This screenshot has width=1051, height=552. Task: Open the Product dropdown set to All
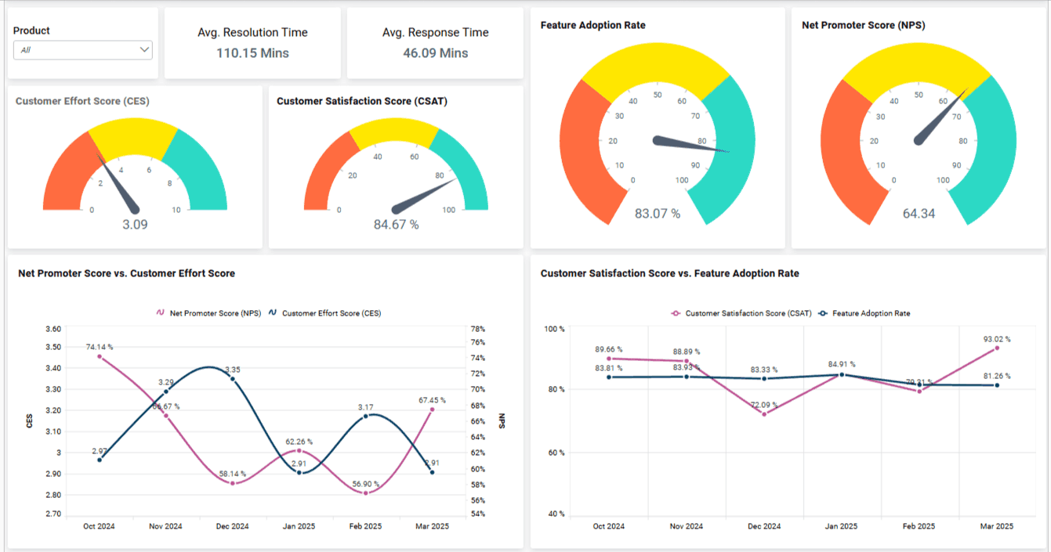pyautogui.click(x=83, y=50)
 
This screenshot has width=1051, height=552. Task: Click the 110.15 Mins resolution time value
pyautogui.click(x=252, y=53)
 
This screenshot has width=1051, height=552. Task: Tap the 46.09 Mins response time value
pyautogui.click(x=435, y=53)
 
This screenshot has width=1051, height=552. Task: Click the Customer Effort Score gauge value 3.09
pyautogui.click(x=135, y=225)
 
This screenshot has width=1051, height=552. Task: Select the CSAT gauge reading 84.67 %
pyautogui.click(x=396, y=225)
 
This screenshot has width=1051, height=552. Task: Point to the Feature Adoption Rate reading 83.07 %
pyautogui.click(x=657, y=213)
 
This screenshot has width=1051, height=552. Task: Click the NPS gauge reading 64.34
pyautogui.click(x=919, y=213)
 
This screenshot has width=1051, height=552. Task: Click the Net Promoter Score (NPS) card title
pyautogui.click(x=863, y=26)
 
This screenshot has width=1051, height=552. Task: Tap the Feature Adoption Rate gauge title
pyautogui.click(x=593, y=26)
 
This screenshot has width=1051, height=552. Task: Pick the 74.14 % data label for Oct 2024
pyautogui.click(x=100, y=346)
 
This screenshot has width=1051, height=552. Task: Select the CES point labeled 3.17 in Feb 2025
pyautogui.click(x=366, y=416)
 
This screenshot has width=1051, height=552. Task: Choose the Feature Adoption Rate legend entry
pyautogui.click(x=871, y=313)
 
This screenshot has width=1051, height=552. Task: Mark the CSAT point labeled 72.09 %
pyautogui.click(x=764, y=413)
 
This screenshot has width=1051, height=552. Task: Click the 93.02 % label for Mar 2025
pyautogui.click(x=997, y=339)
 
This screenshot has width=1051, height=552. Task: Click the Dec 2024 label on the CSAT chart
pyautogui.click(x=764, y=526)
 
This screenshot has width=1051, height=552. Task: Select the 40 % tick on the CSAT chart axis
pyautogui.click(x=554, y=514)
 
